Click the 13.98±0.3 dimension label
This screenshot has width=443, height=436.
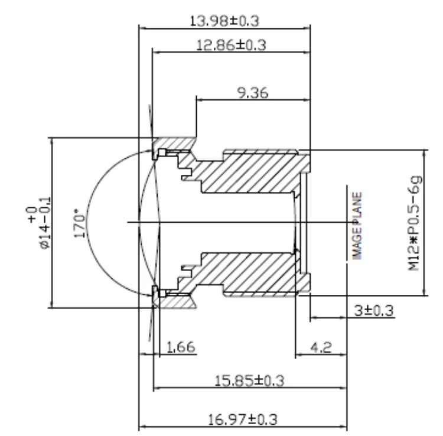click(x=224, y=21)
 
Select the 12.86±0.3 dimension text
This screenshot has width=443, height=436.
click(x=231, y=45)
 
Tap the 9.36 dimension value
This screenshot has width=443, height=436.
click(x=253, y=93)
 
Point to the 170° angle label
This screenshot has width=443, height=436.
click(x=79, y=223)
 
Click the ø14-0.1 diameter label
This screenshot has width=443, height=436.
click(x=45, y=223)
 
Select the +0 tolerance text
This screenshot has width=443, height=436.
click(x=31, y=214)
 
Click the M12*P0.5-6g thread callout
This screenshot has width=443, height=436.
click(x=415, y=223)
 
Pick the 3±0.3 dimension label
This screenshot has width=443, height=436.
click(x=373, y=311)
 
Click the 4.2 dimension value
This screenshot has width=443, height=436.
click(x=321, y=347)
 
